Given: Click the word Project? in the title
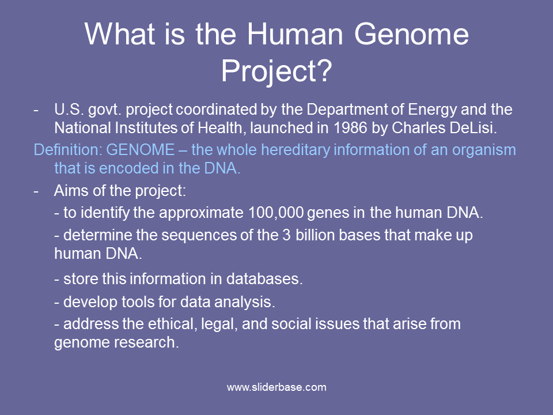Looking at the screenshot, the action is click(276, 71).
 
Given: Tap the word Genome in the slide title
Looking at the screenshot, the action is click(411, 34).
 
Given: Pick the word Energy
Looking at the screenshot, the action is click(432, 110).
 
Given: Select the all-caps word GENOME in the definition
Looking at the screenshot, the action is click(141, 150).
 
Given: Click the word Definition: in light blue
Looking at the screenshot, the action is click(68, 150).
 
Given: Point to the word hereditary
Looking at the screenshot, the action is click(296, 150).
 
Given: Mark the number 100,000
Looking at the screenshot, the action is click(276, 213).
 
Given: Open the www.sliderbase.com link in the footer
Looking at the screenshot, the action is click(276, 387).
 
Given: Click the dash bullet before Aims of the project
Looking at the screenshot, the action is click(36, 191).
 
